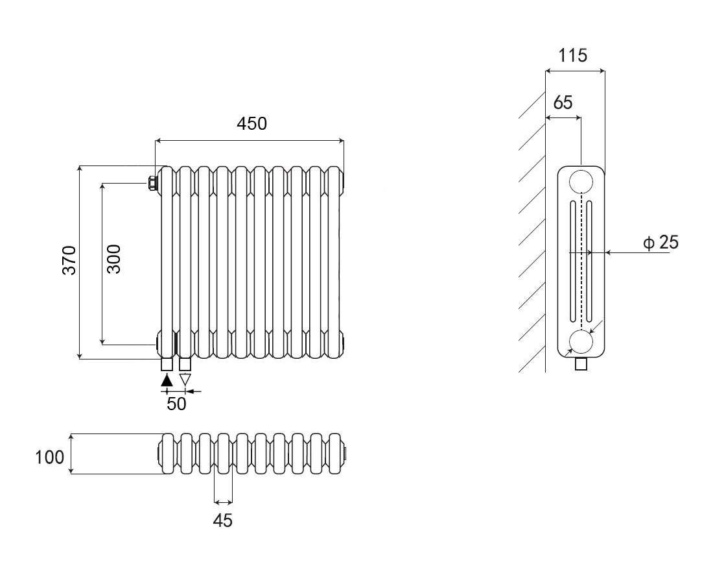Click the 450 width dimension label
coord(251,123)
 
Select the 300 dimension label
coord(114,258)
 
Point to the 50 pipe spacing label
coord(176,404)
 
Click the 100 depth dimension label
coord(50,457)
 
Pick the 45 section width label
coord(222,520)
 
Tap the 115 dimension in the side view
coord(573,55)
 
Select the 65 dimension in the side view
coord(563,103)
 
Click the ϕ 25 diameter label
coord(660,243)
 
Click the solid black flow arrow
coord(167,380)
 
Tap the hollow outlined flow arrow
coord(185,380)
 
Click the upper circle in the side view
coord(581,181)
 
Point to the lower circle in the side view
coord(581,341)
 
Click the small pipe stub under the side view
coord(581,364)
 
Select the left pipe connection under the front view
coord(167,364)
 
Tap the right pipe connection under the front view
coord(185,364)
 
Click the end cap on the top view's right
coord(346,452)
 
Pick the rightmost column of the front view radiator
coord(334,260)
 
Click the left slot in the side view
coord(573,260)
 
